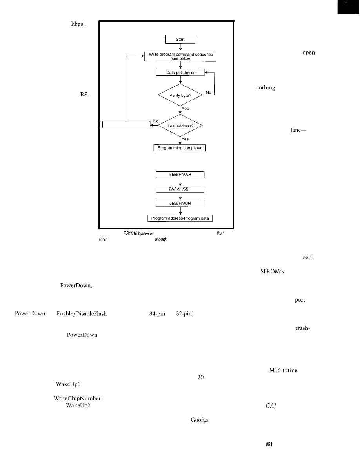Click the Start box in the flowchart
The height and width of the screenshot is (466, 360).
tap(180, 39)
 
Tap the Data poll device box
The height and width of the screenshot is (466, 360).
tap(180, 73)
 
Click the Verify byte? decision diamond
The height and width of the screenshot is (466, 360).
tap(180, 94)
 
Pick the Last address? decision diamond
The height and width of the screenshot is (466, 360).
tap(180, 125)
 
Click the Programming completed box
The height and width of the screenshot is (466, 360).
tap(180, 148)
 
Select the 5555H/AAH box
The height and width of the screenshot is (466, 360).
tap(180, 175)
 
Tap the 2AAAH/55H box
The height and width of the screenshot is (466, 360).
tap(180, 189)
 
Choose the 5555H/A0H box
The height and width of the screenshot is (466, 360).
tap(180, 203)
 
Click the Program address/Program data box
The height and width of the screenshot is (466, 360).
tap(180, 218)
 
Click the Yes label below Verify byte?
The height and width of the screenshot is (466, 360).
tap(185, 109)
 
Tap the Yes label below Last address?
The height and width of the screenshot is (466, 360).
tap(185, 139)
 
